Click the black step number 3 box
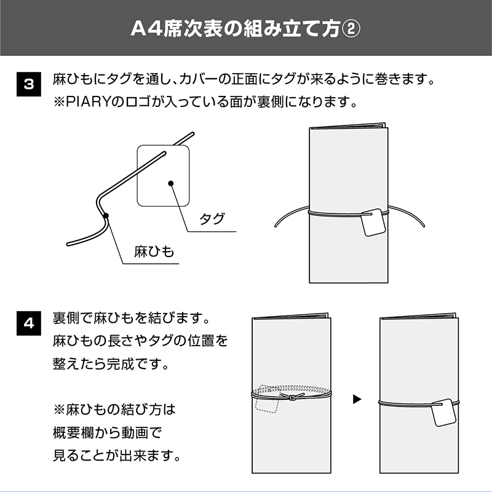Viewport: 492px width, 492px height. pyautogui.click(x=28, y=84)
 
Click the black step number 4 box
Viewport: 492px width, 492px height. pyautogui.click(x=28, y=323)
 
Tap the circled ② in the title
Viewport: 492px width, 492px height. pyautogui.click(x=351, y=29)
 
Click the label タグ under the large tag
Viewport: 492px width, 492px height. pyautogui.click(x=212, y=219)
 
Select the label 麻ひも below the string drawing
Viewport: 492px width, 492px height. pyautogui.click(x=154, y=252)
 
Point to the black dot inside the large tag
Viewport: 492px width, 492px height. pyautogui.click(x=171, y=183)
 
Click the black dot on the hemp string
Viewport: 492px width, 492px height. pyautogui.click(x=106, y=215)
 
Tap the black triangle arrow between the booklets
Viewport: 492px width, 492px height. pyautogui.click(x=357, y=399)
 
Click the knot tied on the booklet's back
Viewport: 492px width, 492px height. pyautogui.click(x=292, y=397)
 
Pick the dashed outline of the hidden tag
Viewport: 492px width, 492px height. pyautogui.click(x=266, y=399)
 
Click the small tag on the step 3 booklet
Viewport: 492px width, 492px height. pyautogui.click(x=373, y=223)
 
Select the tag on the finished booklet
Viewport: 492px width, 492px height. pyautogui.click(x=443, y=413)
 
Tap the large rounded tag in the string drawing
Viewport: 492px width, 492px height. pyautogui.click(x=163, y=176)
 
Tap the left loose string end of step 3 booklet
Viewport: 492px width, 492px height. pyautogui.click(x=276, y=224)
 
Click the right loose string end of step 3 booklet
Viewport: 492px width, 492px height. pyautogui.click(x=424, y=224)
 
